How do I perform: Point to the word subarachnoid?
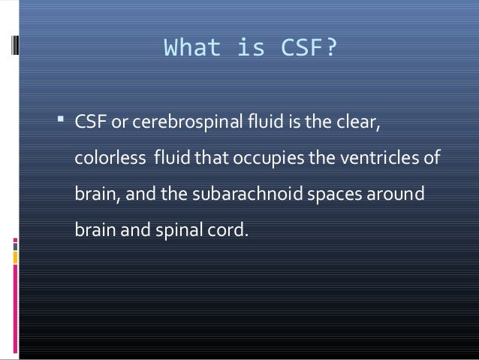tap(238, 194)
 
